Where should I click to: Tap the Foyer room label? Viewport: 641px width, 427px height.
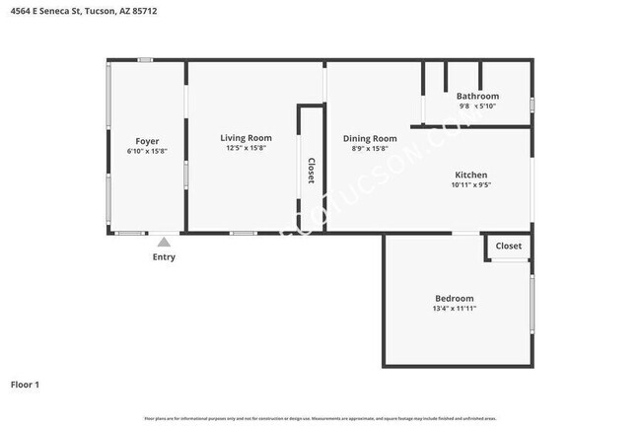click(x=147, y=141)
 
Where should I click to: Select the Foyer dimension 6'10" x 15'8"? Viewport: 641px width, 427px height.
click(x=147, y=152)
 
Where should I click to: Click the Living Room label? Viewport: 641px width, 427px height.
click(x=246, y=137)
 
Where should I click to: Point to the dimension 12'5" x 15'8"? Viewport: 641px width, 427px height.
click(x=246, y=148)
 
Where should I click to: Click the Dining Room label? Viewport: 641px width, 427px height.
click(x=370, y=138)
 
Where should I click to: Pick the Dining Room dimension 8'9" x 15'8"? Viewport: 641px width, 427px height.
click(x=370, y=149)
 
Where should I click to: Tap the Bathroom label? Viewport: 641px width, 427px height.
click(x=477, y=96)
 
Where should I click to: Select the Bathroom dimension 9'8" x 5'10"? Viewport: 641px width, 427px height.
click(x=477, y=107)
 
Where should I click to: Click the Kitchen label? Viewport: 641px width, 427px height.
click(x=470, y=174)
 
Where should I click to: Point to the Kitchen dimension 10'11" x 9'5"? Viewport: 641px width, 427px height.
click(x=470, y=184)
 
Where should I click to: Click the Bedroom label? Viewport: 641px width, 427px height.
click(x=455, y=298)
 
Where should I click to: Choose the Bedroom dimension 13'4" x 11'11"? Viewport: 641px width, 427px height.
click(x=455, y=309)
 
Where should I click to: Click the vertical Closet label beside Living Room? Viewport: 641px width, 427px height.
click(x=312, y=171)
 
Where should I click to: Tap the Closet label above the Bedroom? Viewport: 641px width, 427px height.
click(x=509, y=246)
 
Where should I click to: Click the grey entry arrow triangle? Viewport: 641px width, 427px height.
click(x=164, y=242)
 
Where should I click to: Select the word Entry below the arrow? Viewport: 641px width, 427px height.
click(x=164, y=257)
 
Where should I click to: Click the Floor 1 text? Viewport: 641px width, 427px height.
click(x=25, y=385)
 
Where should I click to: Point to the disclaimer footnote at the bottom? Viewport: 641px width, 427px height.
click(x=320, y=419)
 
